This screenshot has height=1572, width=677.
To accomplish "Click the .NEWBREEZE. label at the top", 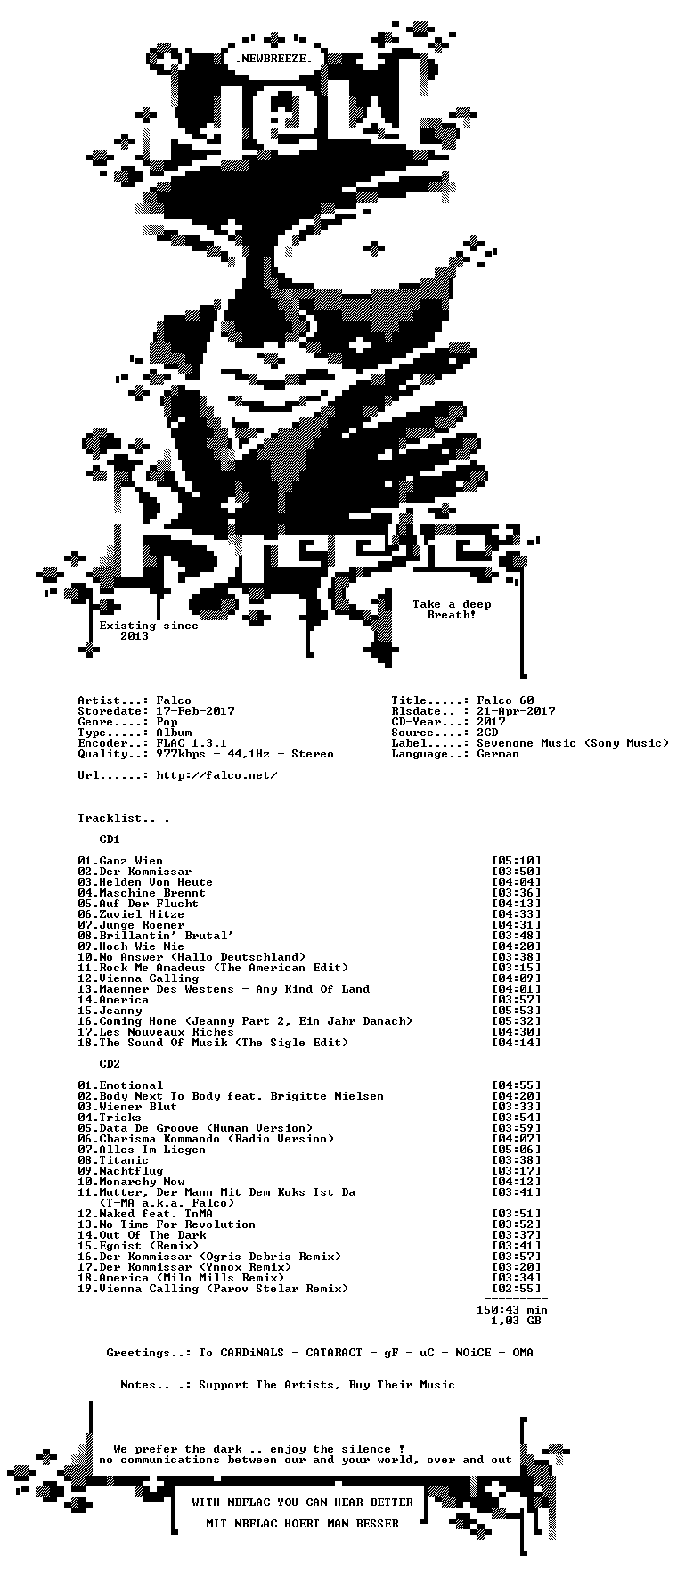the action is pos(273,59).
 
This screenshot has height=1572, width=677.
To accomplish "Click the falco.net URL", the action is pos(216,775).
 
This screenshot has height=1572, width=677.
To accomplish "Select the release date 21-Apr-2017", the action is pos(516,711).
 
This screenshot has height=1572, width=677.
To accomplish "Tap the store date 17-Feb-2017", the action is pos(195,711).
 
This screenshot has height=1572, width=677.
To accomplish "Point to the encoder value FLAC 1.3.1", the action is pos(192,743).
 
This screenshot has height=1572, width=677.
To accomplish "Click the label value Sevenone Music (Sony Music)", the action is pos(573,743).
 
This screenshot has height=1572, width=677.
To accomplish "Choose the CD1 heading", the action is pos(110,839).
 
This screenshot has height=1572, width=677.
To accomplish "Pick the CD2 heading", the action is pos(110,1064).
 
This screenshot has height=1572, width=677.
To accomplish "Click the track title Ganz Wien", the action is pos(131,861).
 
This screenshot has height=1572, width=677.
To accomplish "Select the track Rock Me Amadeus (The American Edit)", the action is pos(224,968).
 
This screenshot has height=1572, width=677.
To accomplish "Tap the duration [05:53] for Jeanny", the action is pos(516,1011).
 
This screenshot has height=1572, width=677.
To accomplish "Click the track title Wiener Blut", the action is pos(138,1107).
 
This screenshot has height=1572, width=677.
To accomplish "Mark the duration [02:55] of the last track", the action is pos(516,1289).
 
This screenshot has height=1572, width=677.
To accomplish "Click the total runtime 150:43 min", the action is pos(512,1310).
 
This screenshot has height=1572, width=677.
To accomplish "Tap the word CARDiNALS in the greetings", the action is pos(252,1353).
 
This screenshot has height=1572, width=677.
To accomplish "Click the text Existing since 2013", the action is pos(149,631).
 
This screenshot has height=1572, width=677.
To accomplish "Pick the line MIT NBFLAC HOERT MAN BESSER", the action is pos(302,1524).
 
